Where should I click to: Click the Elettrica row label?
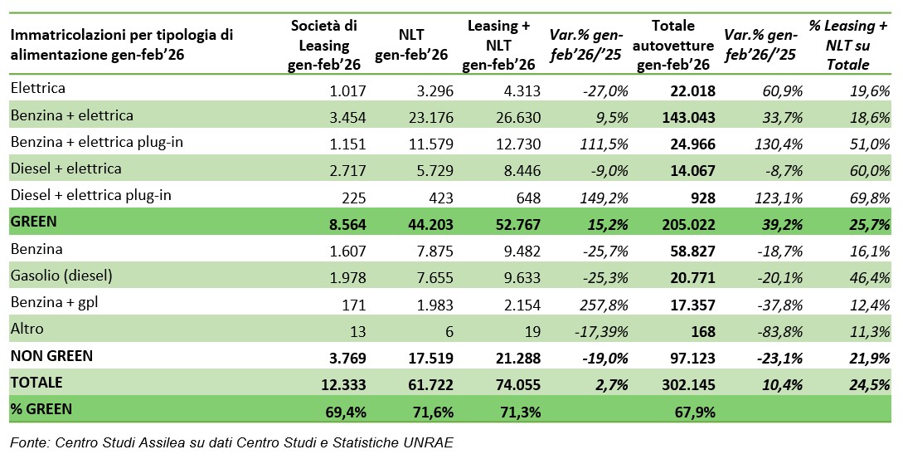38,88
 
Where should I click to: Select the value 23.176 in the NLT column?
425,116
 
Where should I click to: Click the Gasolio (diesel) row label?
61,276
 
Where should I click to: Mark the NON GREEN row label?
51,356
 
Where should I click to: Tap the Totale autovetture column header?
673,46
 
